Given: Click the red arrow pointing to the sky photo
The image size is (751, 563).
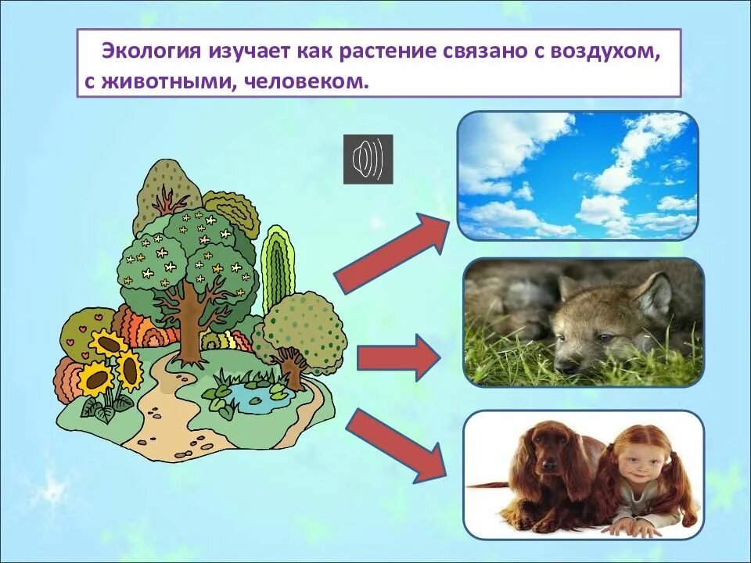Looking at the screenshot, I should click(391, 252).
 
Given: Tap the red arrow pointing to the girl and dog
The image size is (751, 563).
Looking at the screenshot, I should click(396, 444).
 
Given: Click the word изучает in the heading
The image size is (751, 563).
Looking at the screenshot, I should click(250, 52).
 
